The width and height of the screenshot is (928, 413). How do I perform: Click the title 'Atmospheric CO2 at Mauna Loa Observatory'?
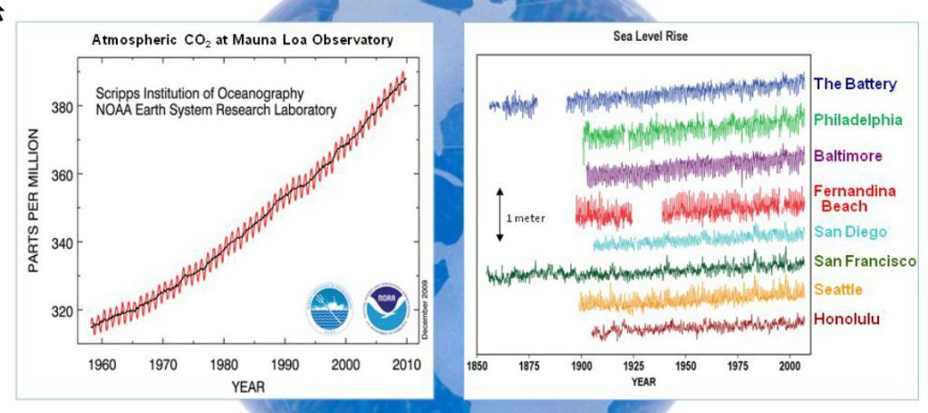tap(241, 40)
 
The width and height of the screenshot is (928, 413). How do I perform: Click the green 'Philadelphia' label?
tap(857, 119)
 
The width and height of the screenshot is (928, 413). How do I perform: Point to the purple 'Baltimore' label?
tap(847, 155)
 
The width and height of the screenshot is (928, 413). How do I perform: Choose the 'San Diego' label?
tap(850, 232)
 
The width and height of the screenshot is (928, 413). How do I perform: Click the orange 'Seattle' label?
tap(838, 290)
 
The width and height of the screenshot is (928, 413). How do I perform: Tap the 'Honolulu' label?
tap(846, 319)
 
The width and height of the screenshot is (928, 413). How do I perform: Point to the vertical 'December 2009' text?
tap(425, 309)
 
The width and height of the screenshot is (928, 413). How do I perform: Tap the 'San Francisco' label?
tap(865, 261)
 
